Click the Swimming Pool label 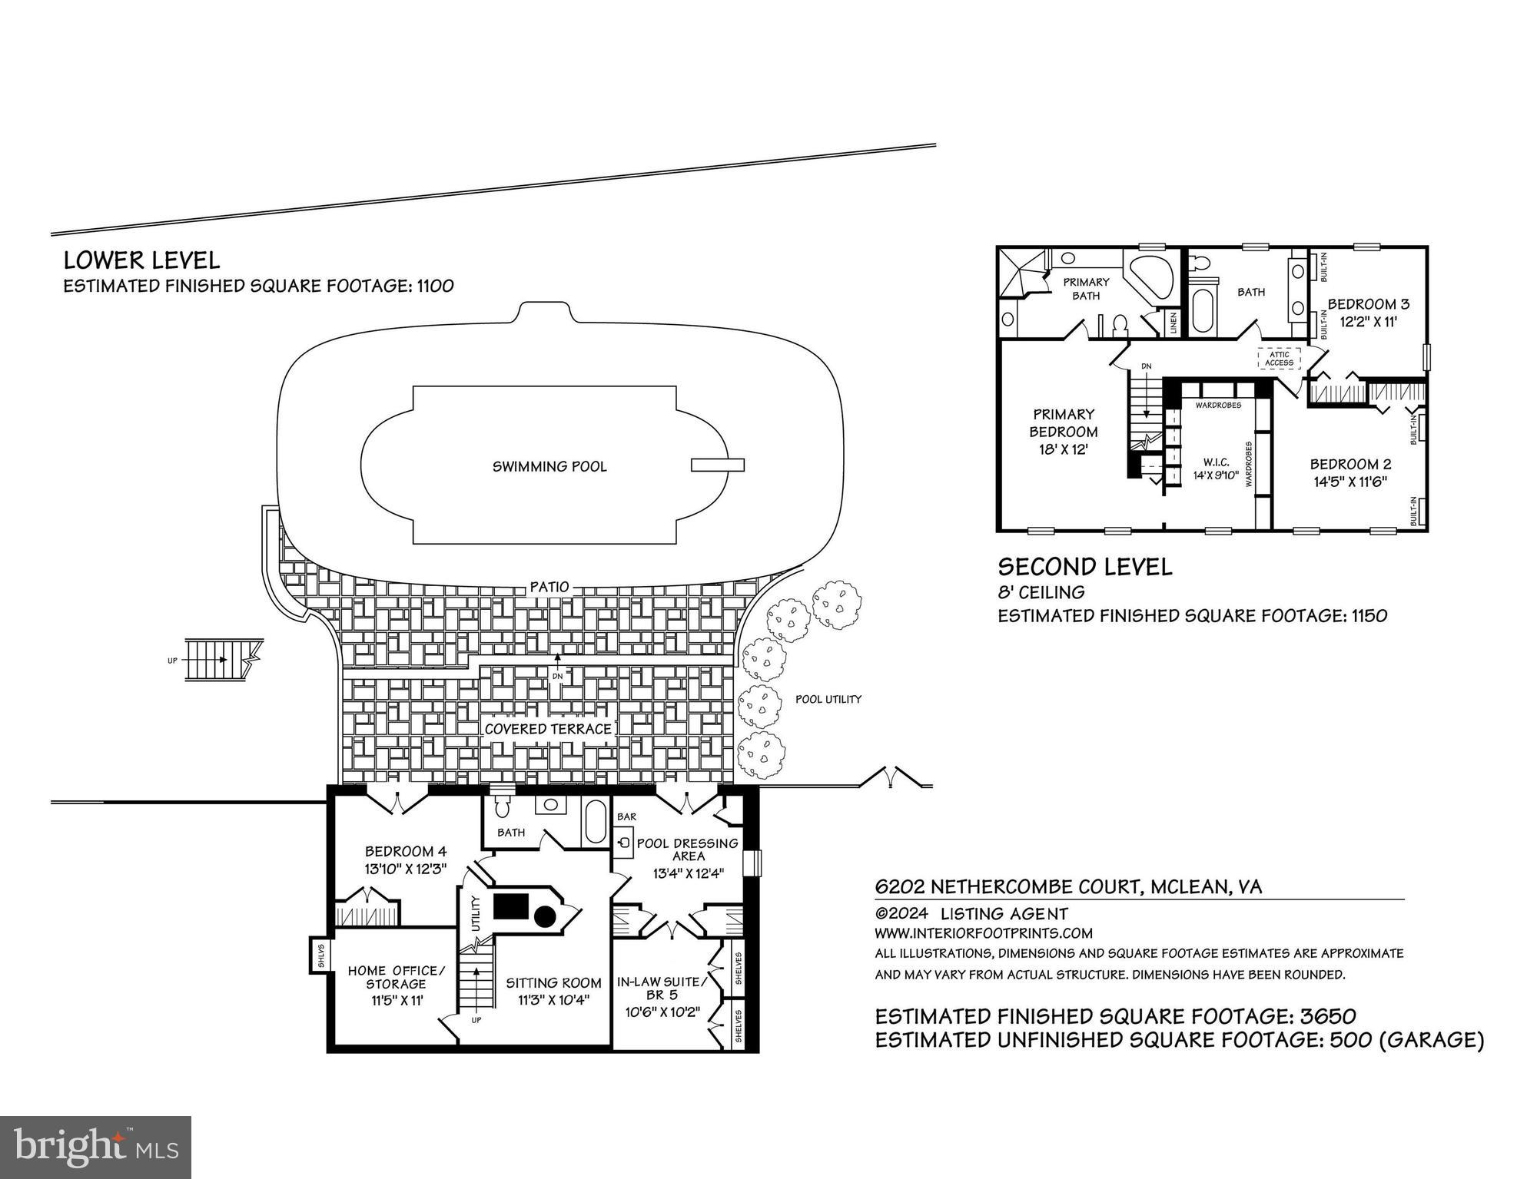click(x=549, y=466)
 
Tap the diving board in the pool click(x=717, y=465)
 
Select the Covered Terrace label click(x=548, y=729)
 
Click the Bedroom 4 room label click(x=405, y=851)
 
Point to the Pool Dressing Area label click(x=687, y=849)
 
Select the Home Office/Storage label click(x=396, y=977)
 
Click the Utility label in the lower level click(x=476, y=913)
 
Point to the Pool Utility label click(x=828, y=699)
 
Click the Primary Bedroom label click(x=1064, y=422)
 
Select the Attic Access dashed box click(x=1279, y=359)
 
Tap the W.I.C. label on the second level click(x=1217, y=462)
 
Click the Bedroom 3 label click(x=1368, y=303)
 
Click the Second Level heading click(x=1084, y=568)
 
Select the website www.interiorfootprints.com click(x=983, y=933)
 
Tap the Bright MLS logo click(x=95, y=1147)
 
